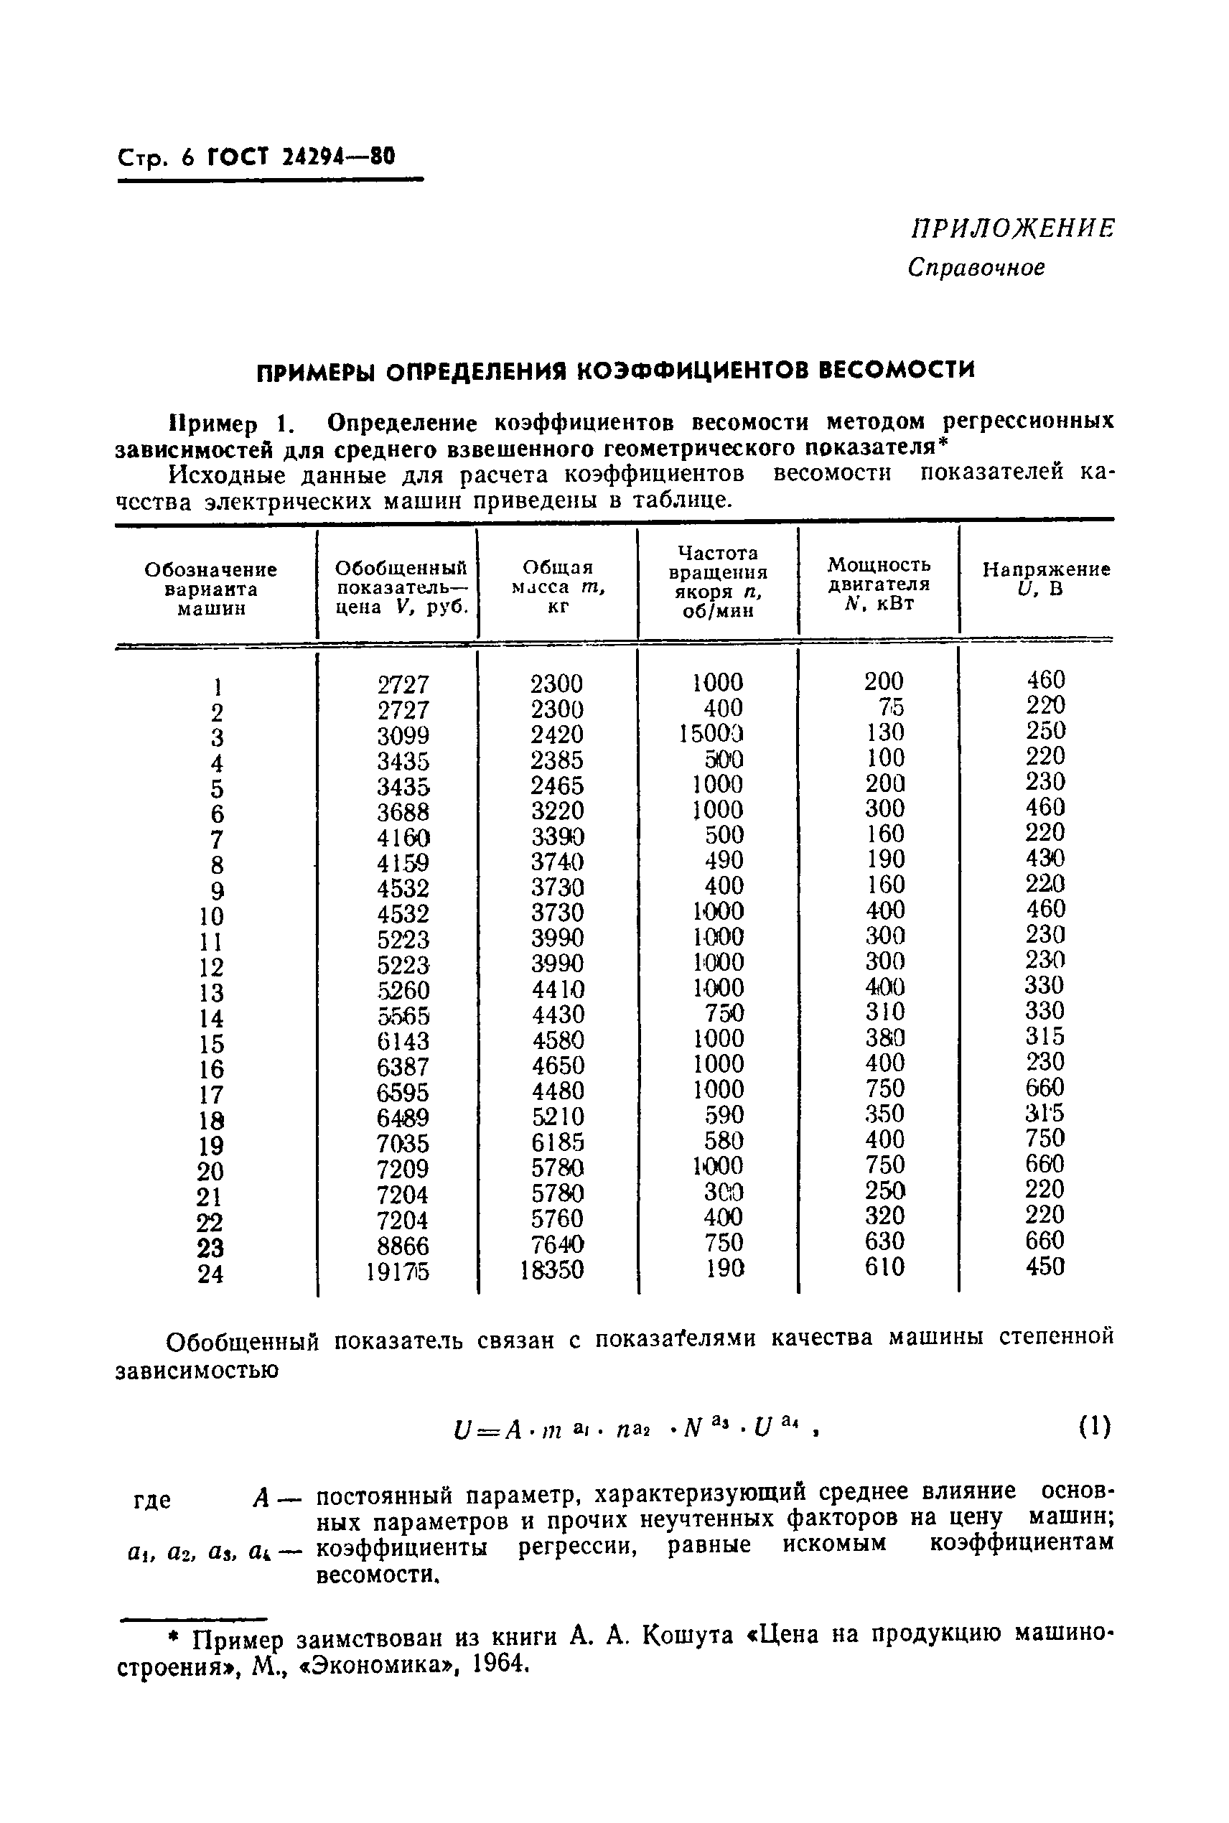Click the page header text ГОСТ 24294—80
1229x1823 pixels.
[302, 157]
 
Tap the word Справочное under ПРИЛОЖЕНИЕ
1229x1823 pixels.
[976, 268]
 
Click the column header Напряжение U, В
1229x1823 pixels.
[1046, 579]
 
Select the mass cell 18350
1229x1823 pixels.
[553, 1269]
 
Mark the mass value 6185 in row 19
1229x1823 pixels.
[557, 1141]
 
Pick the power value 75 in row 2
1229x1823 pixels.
[890, 708]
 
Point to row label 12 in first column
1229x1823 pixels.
[211, 967]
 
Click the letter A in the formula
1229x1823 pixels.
[513, 1430]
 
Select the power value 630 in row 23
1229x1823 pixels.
[884, 1241]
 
